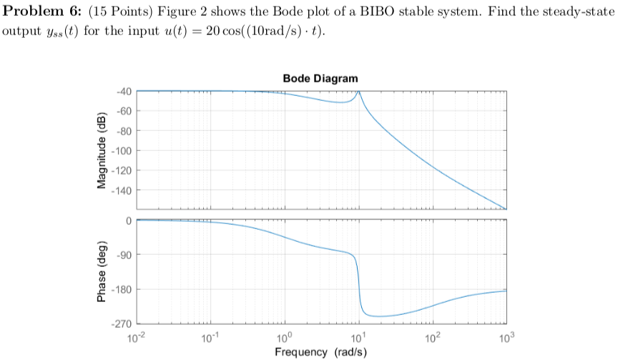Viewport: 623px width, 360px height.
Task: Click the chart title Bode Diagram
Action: click(320, 78)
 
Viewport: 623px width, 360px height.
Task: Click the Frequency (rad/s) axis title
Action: click(320, 352)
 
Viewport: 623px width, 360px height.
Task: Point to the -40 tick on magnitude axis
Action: click(122, 92)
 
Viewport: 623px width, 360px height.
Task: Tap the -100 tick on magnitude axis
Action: click(121, 151)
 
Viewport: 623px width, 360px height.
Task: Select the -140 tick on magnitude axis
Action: click(121, 190)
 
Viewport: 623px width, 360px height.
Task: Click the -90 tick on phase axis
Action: click(123, 256)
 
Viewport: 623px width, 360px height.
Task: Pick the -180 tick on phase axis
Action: click(121, 290)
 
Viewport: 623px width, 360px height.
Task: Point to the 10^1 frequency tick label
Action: click(358, 336)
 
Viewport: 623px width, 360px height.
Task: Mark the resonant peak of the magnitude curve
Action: click(358, 92)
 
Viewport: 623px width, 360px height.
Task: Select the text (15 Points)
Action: click(117, 15)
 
